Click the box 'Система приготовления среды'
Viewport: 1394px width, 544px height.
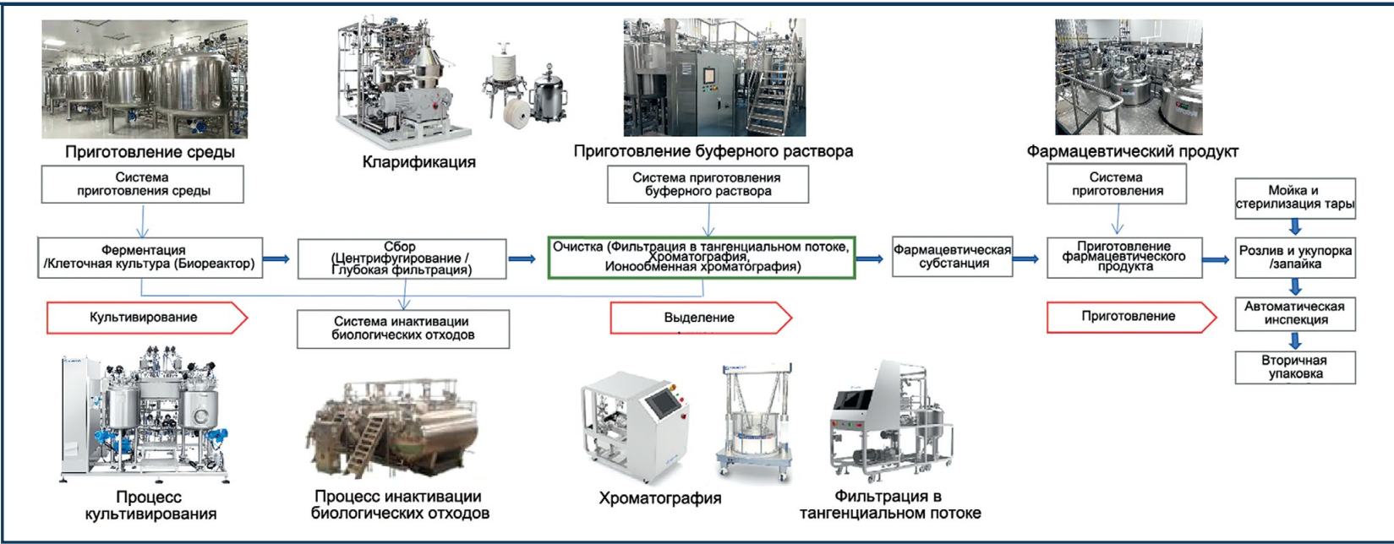pos(142,184)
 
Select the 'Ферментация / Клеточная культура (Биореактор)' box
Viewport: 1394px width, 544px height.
pos(148,257)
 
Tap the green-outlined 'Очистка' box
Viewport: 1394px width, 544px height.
pos(702,257)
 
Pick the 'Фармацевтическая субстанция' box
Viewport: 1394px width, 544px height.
pos(952,256)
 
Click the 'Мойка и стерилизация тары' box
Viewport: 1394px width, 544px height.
pos(1294,198)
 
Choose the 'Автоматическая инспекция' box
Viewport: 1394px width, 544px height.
pos(1294,313)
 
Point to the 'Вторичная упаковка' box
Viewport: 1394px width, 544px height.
pos(1294,367)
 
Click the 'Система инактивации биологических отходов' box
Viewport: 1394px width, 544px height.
pos(403,329)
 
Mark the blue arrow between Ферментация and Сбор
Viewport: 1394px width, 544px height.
pos(276,259)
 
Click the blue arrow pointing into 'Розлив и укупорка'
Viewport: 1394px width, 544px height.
pos(1216,259)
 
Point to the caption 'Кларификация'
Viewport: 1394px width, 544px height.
pos(418,162)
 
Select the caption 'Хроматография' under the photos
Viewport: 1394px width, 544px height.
pos(659,498)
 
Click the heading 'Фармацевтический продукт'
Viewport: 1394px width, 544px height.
pos(1132,152)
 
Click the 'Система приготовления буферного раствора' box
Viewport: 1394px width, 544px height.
pos(708,184)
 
